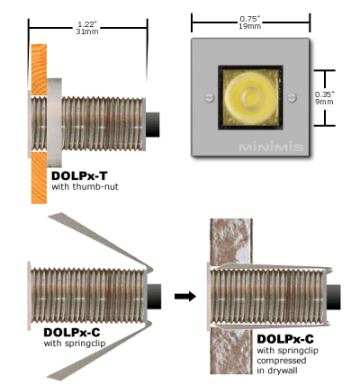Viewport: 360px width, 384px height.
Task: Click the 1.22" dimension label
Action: point(88,24)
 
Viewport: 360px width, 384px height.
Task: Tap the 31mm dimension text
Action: point(87,31)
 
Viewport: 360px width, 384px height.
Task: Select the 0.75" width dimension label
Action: point(250,19)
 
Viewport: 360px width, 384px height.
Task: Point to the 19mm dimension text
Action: point(250,26)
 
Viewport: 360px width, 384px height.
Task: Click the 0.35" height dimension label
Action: point(325,94)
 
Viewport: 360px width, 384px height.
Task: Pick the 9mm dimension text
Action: point(324,102)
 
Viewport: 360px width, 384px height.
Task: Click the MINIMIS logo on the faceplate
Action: point(271,147)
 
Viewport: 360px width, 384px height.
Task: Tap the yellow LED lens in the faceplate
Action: point(250,97)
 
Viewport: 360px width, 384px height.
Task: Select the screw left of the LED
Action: point(209,97)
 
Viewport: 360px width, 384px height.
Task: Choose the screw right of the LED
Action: point(292,97)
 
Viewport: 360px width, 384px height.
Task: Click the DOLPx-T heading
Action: point(79,175)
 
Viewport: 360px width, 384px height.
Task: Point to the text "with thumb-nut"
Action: point(85,187)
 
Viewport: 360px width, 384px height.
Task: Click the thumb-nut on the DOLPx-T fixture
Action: point(54,122)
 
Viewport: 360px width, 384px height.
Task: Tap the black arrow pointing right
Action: point(185,297)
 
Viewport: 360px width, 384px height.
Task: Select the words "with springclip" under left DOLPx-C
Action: point(75,344)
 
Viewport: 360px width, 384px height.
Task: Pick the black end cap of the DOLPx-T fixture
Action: point(153,124)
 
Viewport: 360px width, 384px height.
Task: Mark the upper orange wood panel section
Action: point(39,69)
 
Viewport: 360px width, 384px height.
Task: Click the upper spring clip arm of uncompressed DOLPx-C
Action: point(101,240)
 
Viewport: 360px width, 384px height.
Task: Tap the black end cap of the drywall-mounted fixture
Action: point(334,298)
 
